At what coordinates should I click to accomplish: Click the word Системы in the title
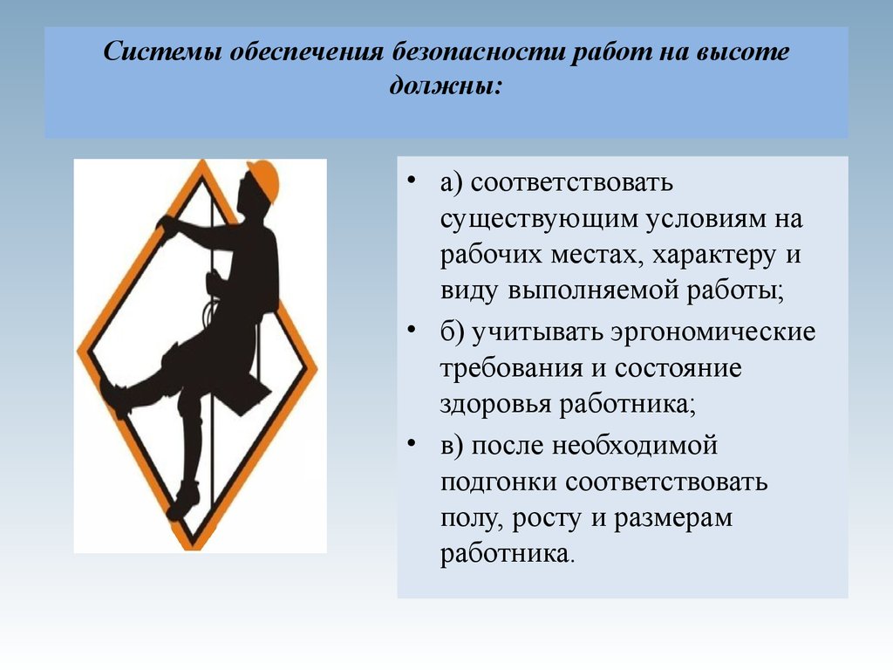point(161,51)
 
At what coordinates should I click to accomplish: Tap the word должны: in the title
point(446,86)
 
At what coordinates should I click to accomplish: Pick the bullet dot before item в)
point(412,442)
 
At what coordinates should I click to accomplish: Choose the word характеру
point(713,256)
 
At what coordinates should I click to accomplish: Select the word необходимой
point(635,445)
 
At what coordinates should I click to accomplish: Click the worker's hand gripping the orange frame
point(168,226)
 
